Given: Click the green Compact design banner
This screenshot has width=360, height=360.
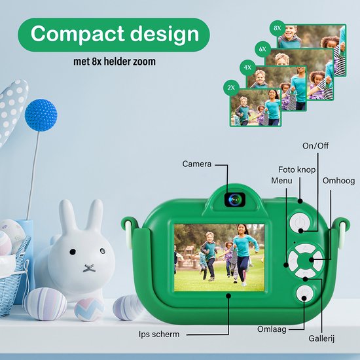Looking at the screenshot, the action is [x=114, y=35].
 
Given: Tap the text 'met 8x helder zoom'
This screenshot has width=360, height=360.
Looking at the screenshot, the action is [x=115, y=62].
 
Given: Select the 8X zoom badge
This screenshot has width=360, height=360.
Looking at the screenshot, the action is [x=278, y=28].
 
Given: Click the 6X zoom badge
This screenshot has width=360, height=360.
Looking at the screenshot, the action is [x=262, y=49].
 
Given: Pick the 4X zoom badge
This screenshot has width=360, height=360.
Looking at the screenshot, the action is [x=247, y=67].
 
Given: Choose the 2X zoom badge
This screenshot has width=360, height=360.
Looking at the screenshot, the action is [x=231, y=88].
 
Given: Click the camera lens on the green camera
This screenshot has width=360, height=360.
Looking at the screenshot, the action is [x=235, y=199].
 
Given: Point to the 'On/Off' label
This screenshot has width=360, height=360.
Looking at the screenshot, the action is [x=315, y=146].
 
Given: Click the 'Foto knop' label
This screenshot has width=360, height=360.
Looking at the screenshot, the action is [x=297, y=170].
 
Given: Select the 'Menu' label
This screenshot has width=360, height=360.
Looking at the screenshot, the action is [x=281, y=181].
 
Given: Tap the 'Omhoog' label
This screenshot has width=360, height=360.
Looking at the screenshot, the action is [x=338, y=181].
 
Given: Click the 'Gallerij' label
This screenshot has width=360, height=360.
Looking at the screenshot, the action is [x=321, y=338].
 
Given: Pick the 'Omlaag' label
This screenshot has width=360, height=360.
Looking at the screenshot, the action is [x=272, y=329].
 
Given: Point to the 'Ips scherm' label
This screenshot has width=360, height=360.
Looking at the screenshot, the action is [x=159, y=334].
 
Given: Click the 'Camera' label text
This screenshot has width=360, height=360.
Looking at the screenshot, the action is [x=197, y=164].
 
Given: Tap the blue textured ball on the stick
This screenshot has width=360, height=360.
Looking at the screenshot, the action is [x=41, y=115].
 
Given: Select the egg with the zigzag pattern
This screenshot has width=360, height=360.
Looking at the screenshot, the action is [x=89, y=309].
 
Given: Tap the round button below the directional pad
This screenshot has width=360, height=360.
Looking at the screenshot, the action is [x=304, y=294].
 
